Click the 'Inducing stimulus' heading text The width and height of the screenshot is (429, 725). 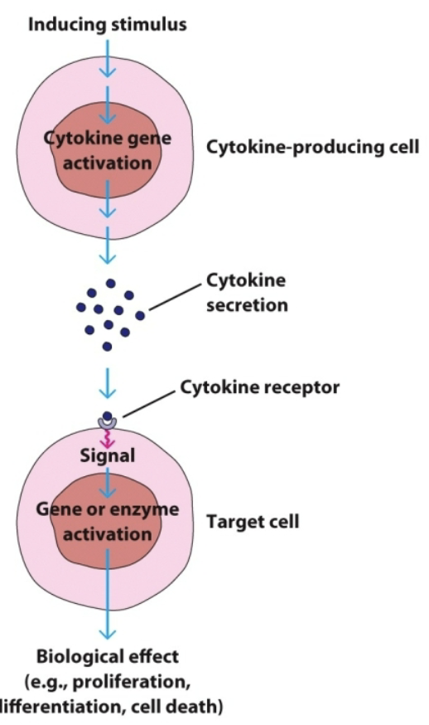pyautogui.click(x=108, y=24)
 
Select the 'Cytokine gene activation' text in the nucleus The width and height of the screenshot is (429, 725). pyautogui.click(x=108, y=150)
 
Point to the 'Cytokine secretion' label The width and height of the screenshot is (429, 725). pyautogui.click(x=248, y=294)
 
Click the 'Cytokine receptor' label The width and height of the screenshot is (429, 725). pyautogui.click(x=259, y=387)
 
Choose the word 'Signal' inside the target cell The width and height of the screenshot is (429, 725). pyautogui.click(x=108, y=455)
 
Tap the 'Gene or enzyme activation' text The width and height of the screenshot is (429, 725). pyautogui.click(x=108, y=521)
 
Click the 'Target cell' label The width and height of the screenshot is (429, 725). pyautogui.click(x=252, y=523)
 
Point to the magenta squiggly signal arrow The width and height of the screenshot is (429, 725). pyautogui.click(x=108, y=438)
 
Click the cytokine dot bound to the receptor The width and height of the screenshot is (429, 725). pyautogui.click(x=108, y=416)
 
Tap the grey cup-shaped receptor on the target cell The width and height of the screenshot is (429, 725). pyautogui.click(x=108, y=424)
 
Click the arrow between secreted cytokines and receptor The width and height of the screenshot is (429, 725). pyautogui.click(x=108, y=383)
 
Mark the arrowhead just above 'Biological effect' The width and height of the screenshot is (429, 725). pyautogui.click(x=108, y=634)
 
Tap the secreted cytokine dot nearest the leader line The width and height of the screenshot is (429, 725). pyautogui.click(x=140, y=315)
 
